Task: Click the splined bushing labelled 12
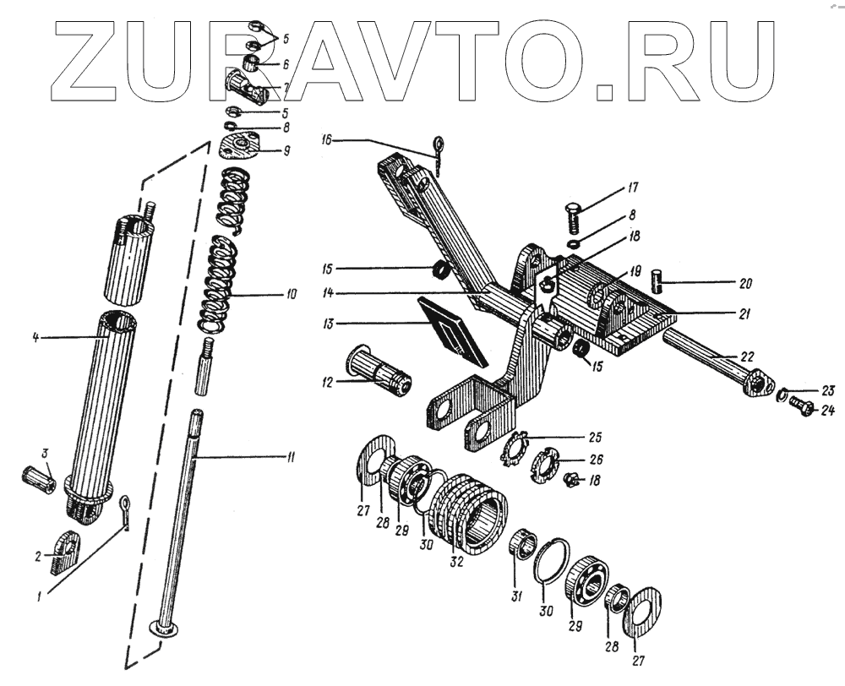coord(378,377)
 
